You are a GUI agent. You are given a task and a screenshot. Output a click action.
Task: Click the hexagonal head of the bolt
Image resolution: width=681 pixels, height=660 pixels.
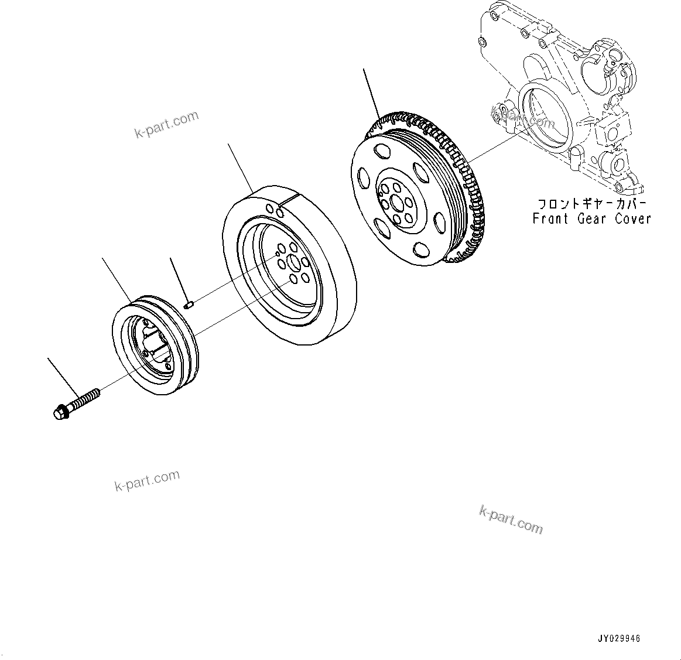tap(59, 413)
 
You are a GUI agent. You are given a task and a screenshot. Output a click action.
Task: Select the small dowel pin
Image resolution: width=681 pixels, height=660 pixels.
tap(189, 304)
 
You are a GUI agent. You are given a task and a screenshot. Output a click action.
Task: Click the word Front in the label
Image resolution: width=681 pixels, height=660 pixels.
tap(550, 218)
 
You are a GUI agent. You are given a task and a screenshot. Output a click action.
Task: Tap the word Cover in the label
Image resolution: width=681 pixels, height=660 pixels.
tap(632, 218)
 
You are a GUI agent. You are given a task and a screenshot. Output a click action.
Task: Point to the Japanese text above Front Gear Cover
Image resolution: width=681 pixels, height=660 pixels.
tap(591, 204)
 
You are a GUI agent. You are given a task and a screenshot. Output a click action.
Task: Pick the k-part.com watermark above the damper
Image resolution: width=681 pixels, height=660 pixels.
tap(167, 125)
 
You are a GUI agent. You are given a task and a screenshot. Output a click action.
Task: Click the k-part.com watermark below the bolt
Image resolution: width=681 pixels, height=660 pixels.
tap(147, 480)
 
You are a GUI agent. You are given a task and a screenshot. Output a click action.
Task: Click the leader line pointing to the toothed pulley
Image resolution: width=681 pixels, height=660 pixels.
tap(371, 91)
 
